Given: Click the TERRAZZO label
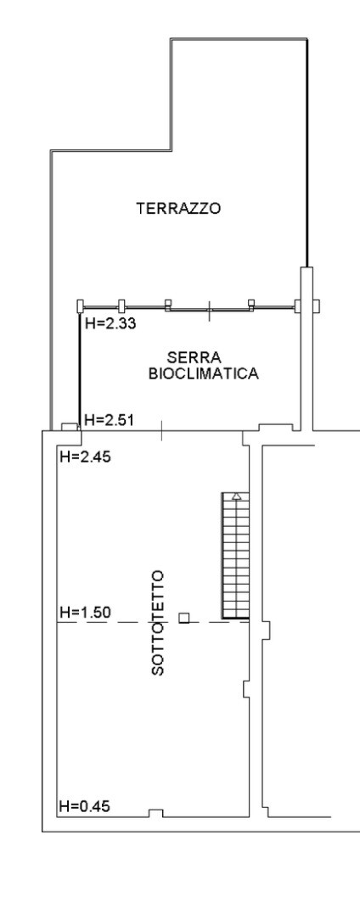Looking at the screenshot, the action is (178, 209).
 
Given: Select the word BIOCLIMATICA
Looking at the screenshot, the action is (204, 373).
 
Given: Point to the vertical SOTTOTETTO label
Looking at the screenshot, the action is (158, 623).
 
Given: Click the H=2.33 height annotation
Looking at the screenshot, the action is (110, 323).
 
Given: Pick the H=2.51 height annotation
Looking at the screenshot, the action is (110, 420).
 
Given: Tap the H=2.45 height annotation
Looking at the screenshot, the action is (85, 457).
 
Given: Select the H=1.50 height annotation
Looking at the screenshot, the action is (85, 612).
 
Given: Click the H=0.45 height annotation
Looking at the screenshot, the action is (85, 806).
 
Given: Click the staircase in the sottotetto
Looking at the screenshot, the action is (235, 556).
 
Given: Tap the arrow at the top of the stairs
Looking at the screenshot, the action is (237, 496).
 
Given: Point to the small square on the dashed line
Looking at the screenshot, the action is (183, 618).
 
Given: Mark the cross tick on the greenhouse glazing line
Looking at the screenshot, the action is (209, 310).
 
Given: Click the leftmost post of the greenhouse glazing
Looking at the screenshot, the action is (81, 305).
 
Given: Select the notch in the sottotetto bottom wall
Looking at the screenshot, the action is (156, 813).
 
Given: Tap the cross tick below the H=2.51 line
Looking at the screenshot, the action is (161, 430).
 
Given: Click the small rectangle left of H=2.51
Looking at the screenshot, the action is (70, 427).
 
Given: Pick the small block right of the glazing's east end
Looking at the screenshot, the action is (316, 305).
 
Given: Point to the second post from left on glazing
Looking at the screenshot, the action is (121, 305).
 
